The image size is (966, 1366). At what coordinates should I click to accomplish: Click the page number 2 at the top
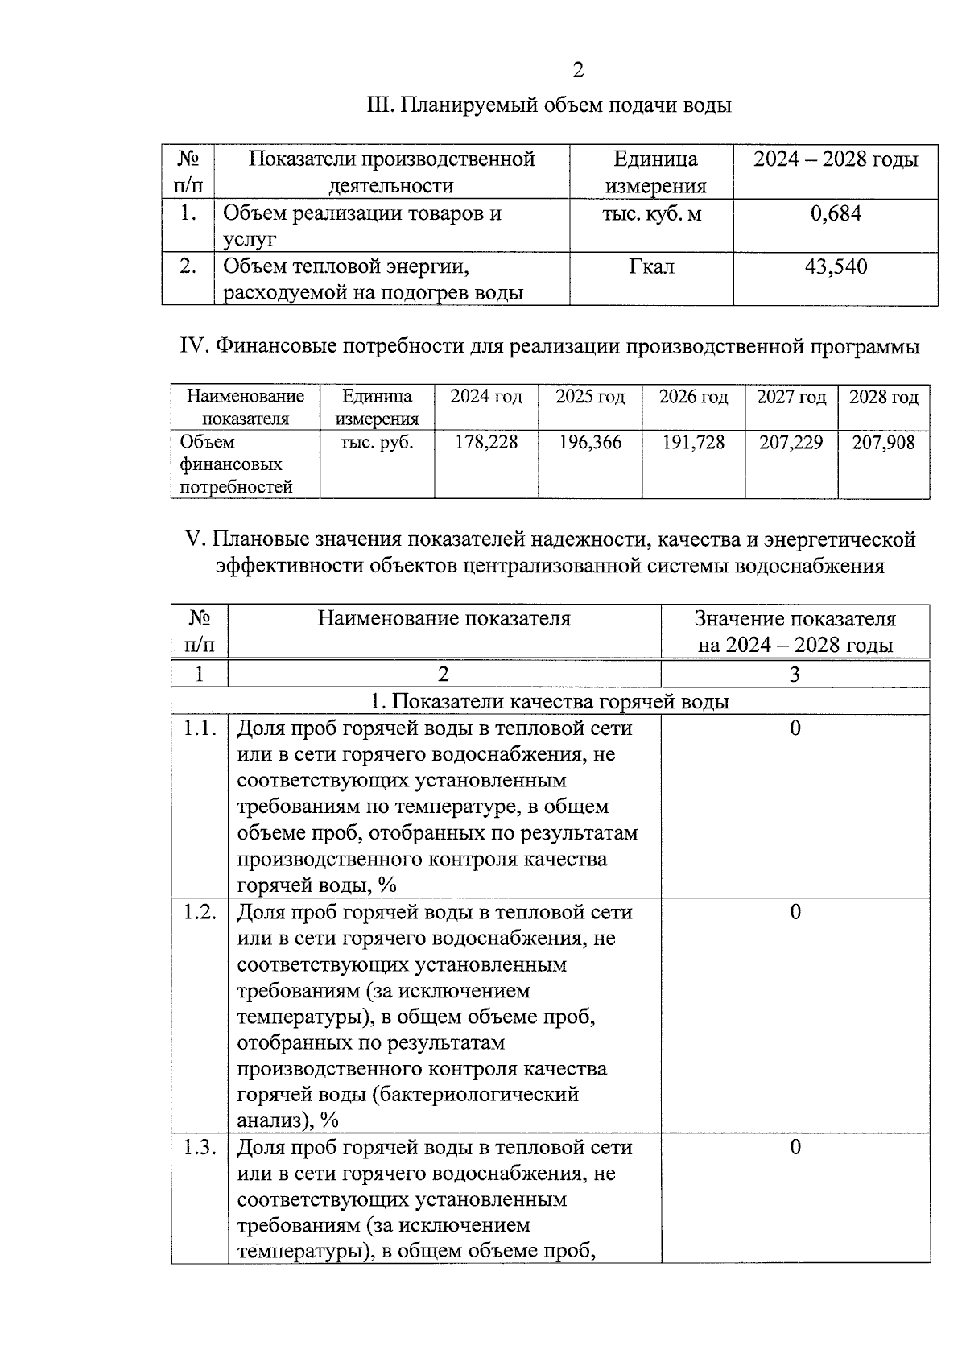tap(578, 71)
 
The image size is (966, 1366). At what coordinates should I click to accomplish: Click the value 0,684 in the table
tap(836, 213)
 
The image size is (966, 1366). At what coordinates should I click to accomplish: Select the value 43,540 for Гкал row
tap(836, 266)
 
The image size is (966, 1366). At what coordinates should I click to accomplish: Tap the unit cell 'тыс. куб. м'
tap(651, 213)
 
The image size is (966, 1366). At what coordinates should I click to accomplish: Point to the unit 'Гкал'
tap(651, 266)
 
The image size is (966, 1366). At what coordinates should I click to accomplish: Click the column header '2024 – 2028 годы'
tap(836, 159)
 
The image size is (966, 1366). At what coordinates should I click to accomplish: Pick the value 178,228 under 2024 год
tap(486, 442)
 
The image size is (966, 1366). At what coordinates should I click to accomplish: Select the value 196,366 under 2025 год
tap(590, 442)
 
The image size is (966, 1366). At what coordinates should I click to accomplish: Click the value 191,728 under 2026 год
tap(693, 442)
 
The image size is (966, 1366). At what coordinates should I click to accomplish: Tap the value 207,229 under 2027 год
tap(791, 442)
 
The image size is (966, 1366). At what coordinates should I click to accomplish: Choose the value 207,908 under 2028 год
tap(883, 442)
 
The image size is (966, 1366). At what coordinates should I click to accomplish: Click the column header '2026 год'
tap(693, 397)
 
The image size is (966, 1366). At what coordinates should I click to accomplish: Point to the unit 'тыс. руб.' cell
tap(377, 442)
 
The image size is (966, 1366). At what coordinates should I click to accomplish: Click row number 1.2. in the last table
tap(199, 912)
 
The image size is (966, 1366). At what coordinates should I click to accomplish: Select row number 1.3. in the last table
tap(199, 1147)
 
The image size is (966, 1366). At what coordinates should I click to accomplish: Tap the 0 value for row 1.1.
tap(795, 728)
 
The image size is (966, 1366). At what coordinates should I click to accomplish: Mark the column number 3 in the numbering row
tap(795, 675)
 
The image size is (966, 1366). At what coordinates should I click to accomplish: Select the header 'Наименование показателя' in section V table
tap(444, 618)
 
